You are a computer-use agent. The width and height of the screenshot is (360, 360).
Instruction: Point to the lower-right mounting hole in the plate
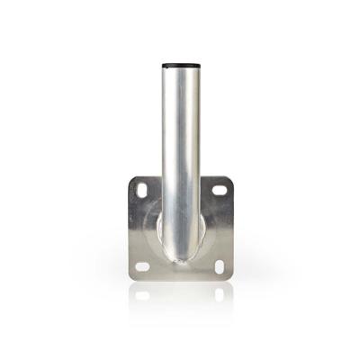(219, 265)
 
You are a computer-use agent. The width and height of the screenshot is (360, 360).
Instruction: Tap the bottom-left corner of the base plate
(130, 275)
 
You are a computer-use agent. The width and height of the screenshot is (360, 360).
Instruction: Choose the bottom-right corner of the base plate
(228, 275)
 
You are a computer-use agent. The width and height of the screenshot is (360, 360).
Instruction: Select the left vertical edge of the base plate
(129, 229)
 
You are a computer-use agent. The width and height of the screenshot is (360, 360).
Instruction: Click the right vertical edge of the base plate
(230, 229)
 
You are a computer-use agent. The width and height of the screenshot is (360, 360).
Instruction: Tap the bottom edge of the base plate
(179, 278)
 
